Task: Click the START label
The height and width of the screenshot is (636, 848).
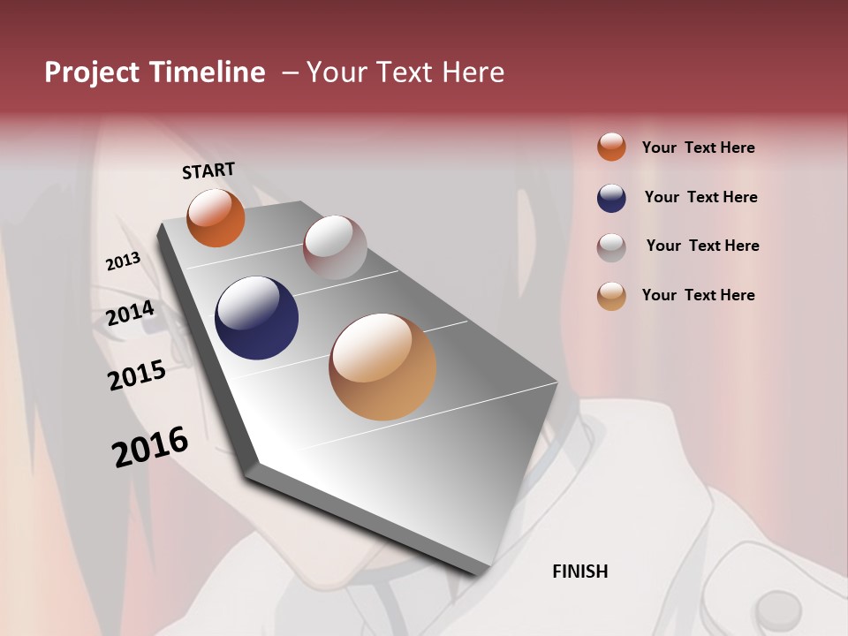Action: (x=208, y=170)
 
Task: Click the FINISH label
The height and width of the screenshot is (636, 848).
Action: (x=579, y=572)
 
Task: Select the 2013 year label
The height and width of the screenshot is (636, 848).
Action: (x=123, y=261)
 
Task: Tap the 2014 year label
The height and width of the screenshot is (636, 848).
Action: (x=130, y=314)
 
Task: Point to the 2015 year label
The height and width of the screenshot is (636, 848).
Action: (x=137, y=375)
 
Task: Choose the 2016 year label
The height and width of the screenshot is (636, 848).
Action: (x=150, y=446)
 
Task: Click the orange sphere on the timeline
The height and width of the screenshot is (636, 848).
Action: (x=216, y=217)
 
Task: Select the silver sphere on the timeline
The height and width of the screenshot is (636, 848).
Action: (x=335, y=247)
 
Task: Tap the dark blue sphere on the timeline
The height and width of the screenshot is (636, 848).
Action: (x=256, y=318)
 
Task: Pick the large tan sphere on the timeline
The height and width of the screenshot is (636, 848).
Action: (x=382, y=367)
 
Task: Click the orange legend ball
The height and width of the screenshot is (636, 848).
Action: (x=611, y=147)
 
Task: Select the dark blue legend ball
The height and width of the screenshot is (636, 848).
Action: (x=611, y=198)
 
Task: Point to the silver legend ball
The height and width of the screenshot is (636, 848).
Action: (x=611, y=247)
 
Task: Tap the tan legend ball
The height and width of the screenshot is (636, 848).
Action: (x=611, y=296)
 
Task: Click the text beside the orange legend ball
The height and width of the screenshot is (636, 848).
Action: (x=698, y=148)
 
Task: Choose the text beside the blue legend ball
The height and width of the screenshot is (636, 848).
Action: (x=700, y=197)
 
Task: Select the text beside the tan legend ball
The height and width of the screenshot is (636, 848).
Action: (x=698, y=295)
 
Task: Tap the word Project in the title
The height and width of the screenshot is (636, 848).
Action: (x=91, y=72)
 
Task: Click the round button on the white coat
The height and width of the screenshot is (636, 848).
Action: (x=778, y=609)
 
